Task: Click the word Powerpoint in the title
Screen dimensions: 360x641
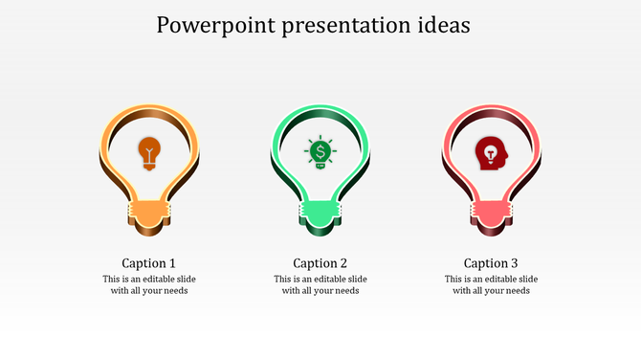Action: (x=210, y=26)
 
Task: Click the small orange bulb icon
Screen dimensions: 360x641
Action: (x=149, y=152)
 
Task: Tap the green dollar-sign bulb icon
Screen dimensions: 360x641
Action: (x=320, y=152)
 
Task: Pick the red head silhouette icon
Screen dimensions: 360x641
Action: (x=491, y=152)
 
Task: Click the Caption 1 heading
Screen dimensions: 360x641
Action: (x=149, y=262)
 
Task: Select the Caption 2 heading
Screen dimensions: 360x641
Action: (x=320, y=262)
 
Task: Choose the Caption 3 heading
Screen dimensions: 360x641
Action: (x=491, y=262)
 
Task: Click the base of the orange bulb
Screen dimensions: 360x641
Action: (x=149, y=214)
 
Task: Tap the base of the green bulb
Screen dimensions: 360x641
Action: (x=320, y=214)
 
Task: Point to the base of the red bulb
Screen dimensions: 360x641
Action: (x=491, y=214)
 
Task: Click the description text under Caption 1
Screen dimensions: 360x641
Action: (x=149, y=284)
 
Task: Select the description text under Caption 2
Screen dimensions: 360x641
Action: (x=320, y=284)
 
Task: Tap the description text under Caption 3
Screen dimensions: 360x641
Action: (x=491, y=284)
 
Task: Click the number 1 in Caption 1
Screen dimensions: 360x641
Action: (x=172, y=262)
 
